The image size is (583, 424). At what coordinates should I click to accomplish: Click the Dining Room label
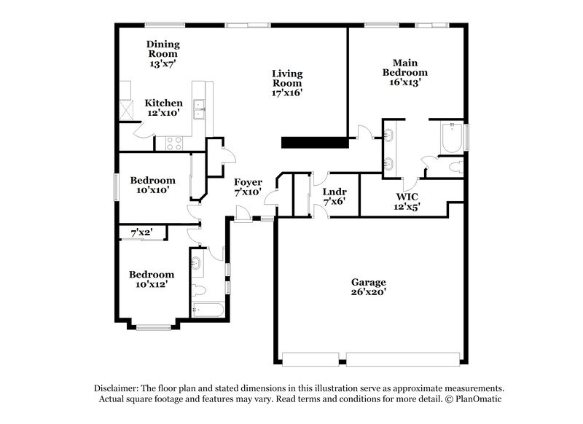coord(163,49)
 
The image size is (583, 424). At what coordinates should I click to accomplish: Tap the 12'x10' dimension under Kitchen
coord(163,114)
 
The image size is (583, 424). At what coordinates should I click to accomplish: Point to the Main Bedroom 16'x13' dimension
coord(405,83)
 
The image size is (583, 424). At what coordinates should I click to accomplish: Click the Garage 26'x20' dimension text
coord(368,292)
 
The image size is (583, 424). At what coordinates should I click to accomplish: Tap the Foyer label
coord(248,181)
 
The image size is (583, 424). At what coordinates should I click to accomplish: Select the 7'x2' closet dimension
coord(141,232)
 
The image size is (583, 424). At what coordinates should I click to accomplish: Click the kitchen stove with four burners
coord(174,143)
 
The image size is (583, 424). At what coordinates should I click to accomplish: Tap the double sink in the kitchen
coord(198,109)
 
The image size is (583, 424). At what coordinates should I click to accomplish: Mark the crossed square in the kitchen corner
coord(127,109)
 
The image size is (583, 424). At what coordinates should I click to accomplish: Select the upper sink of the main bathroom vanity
coord(388,135)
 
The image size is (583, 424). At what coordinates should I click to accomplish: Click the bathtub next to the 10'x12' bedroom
coord(207,311)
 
